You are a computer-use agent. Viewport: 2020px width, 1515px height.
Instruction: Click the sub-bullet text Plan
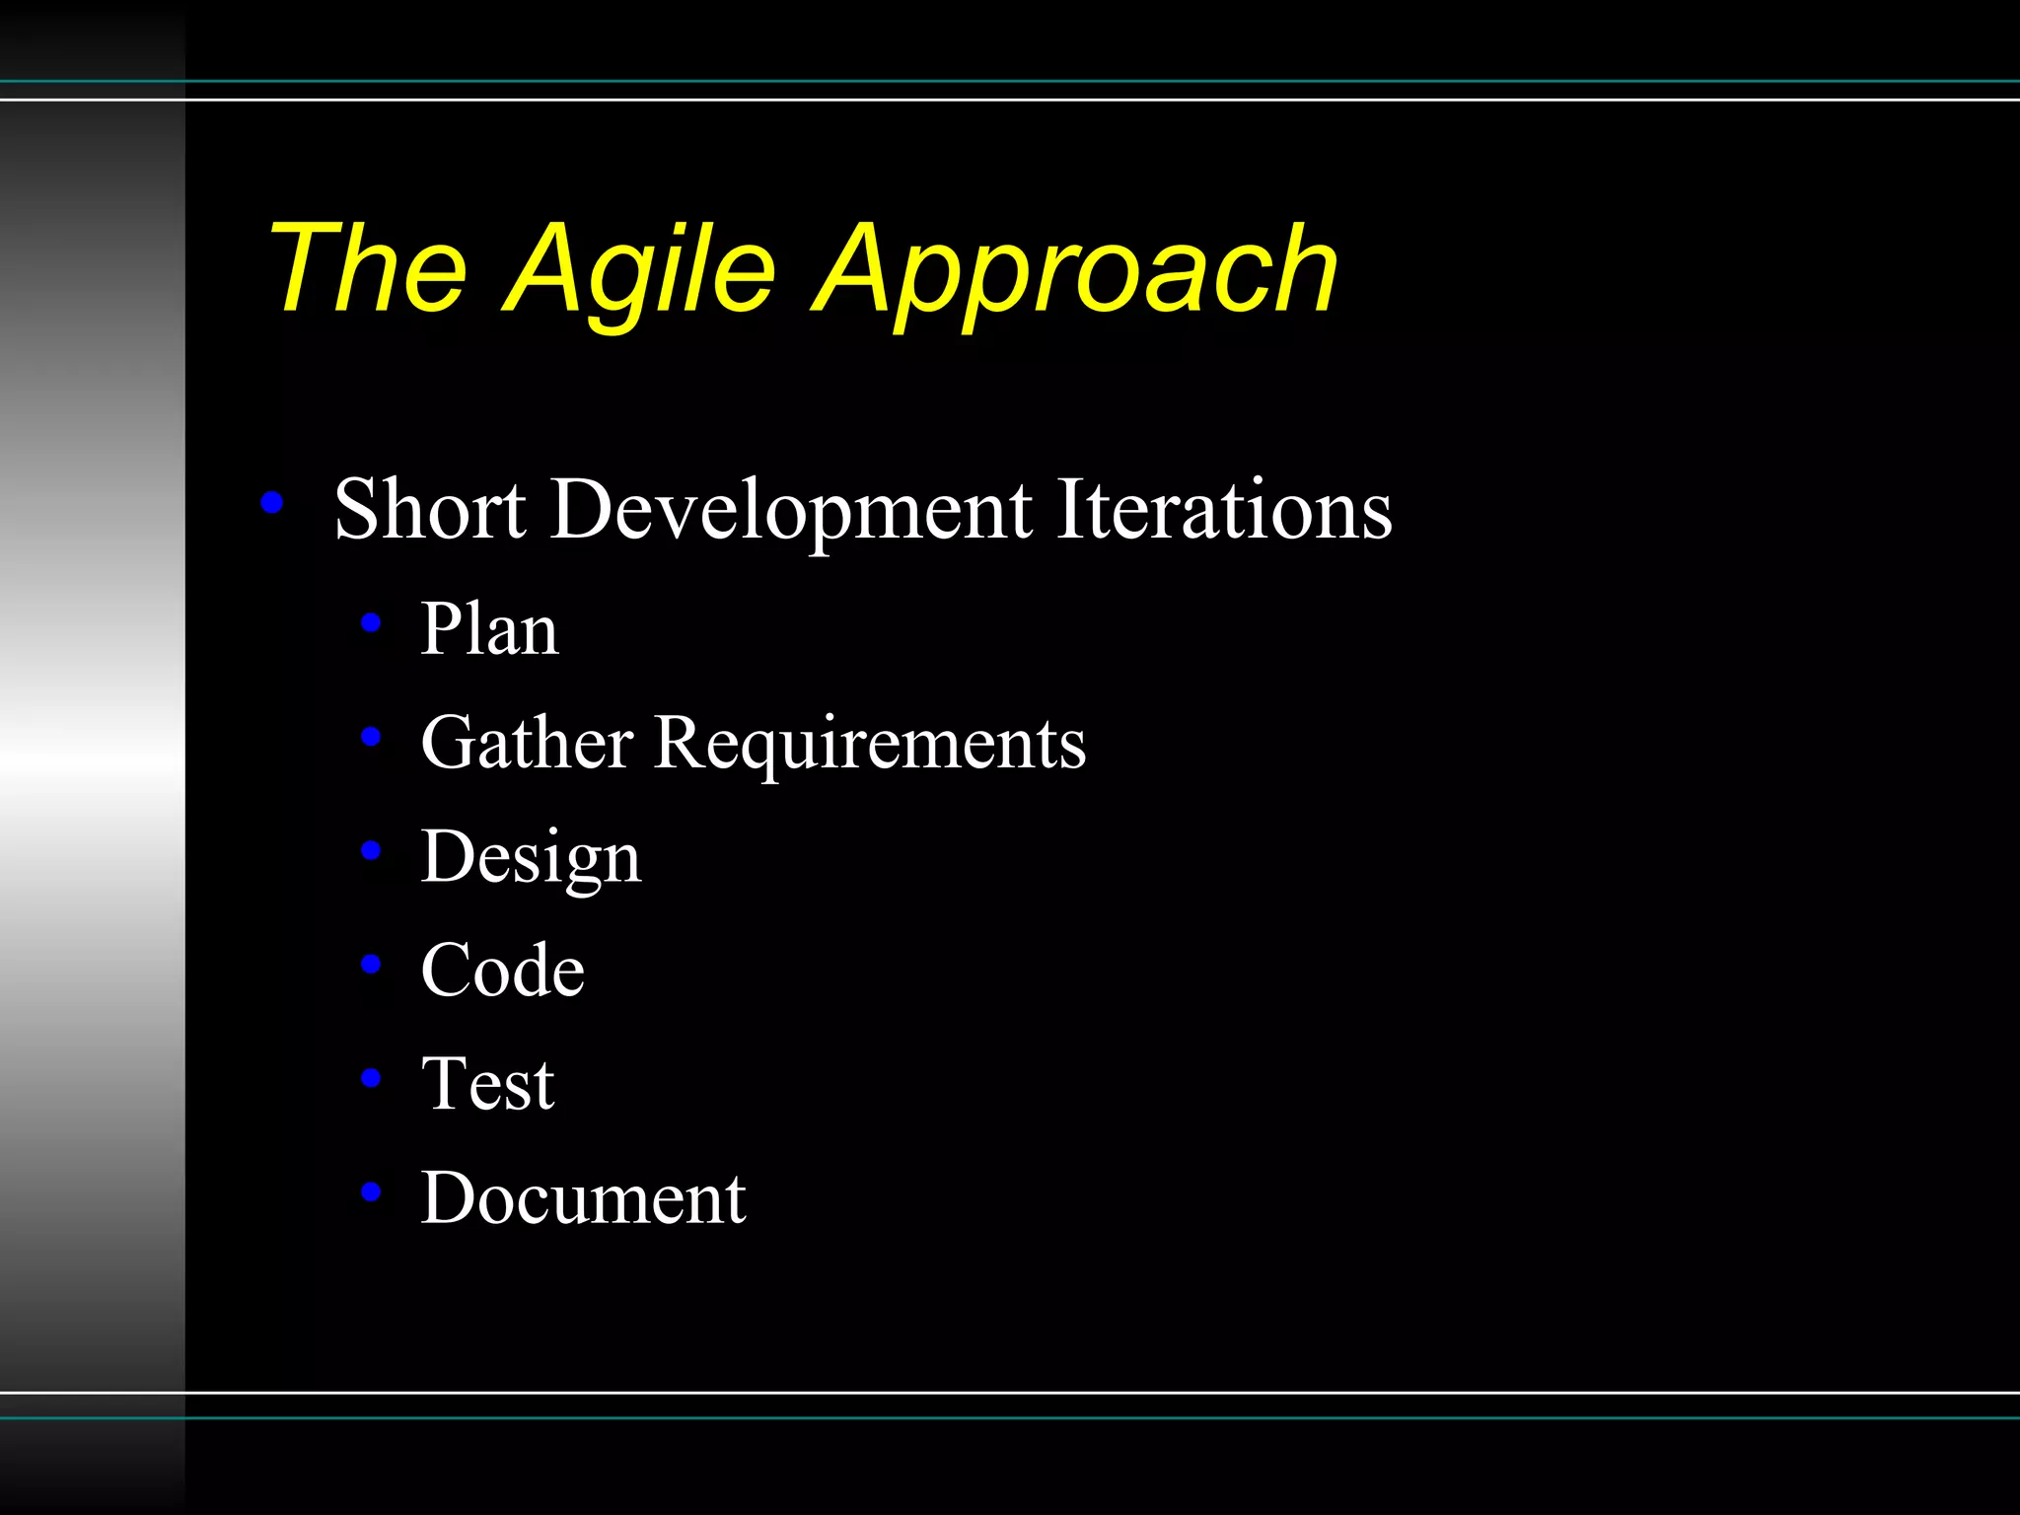click(489, 629)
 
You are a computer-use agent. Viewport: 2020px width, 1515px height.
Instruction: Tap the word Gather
click(527, 742)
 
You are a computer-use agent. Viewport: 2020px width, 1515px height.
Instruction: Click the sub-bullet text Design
click(531, 857)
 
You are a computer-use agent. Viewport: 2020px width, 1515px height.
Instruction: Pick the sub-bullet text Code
click(502, 970)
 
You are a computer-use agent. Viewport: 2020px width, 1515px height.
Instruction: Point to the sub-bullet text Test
click(487, 1084)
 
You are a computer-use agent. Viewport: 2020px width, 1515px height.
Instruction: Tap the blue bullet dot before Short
click(271, 504)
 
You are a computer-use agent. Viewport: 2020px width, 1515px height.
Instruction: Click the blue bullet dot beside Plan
click(371, 622)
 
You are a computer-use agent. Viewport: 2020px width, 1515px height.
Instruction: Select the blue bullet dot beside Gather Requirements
click(371, 736)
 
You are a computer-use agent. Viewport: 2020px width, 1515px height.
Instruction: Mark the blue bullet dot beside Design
click(371, 850)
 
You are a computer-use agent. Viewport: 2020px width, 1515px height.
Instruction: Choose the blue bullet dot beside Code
click(371, 964)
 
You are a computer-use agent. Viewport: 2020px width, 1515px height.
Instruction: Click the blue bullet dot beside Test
click(371, 1078)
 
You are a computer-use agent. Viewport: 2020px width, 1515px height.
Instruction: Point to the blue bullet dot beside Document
click(371, 1191)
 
